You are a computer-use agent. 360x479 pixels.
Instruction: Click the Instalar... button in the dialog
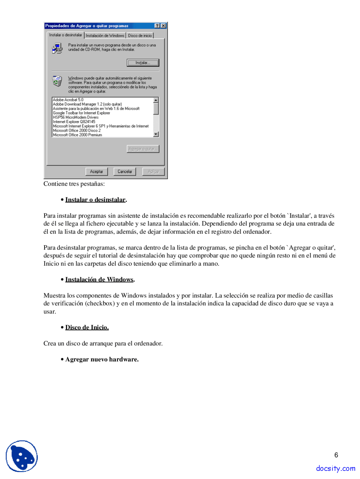tap(143, 63)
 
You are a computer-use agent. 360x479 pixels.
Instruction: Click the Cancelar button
tap(125, 172)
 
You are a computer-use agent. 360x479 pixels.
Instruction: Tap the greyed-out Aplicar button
tap(153, 172)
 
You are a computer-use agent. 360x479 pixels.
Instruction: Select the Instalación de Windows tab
tap(105, 36)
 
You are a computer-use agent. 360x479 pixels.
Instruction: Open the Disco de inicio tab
tap(140, 36)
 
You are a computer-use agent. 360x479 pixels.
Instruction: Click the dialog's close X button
tap(163, 26)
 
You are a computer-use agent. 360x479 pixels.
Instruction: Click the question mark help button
tap(157, 26)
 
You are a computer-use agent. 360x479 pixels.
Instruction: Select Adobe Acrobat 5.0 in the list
tap(68, 100)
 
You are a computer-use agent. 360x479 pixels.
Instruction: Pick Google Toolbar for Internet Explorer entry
tap(82, 113)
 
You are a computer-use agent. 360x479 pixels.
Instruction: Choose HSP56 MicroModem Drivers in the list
tap(76, 118)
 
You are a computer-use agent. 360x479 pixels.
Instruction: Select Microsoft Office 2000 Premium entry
tap(77, 135)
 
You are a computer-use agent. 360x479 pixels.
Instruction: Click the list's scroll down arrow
tap(156, 134)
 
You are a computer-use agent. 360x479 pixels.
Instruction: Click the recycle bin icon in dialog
tap(57, 81)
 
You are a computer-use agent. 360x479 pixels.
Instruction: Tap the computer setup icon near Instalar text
tap(57, 48)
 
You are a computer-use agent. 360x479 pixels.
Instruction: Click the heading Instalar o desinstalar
tap(95, 200)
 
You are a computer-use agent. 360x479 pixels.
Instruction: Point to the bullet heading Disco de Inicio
tap(87, 327)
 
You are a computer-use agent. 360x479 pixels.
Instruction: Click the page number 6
tap(336, 455)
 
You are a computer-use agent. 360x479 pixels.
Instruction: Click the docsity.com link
tap(336, 468)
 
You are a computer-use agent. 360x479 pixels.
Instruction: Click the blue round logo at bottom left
tap(22, 456)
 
